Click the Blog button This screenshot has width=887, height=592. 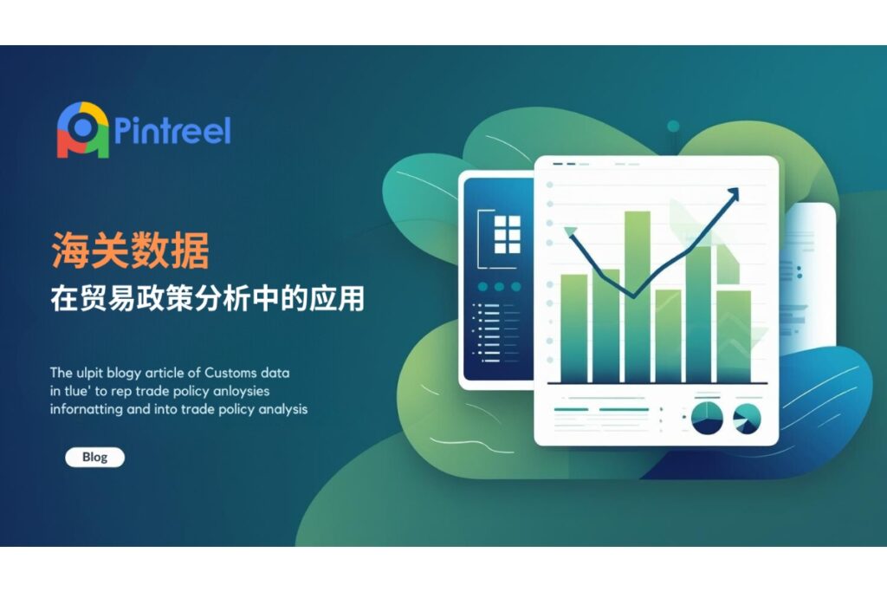pos(94,458)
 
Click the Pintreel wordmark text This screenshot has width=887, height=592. pos(172,131)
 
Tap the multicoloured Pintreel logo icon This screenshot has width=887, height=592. pos(82,130)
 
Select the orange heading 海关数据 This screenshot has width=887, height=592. pos(130,250)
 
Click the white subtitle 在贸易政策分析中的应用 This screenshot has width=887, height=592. pos(207,298)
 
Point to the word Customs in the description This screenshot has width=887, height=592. pos(230,373)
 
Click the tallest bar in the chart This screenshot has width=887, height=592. pos(637,297)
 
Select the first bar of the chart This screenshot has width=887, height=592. pos(574,329)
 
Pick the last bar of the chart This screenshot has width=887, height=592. pos(734,337)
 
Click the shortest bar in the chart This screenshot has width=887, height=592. pos(668,336)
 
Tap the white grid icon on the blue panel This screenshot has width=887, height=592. pos(508,234)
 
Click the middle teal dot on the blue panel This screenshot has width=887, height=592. pos(499,287)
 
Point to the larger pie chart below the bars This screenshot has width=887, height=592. pos(707,419)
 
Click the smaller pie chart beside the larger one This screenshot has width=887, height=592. pos(747,419)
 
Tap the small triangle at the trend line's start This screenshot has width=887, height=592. pos(570,231)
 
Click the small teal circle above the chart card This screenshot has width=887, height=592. pos(673,126)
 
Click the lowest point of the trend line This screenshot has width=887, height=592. pos(633,296)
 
